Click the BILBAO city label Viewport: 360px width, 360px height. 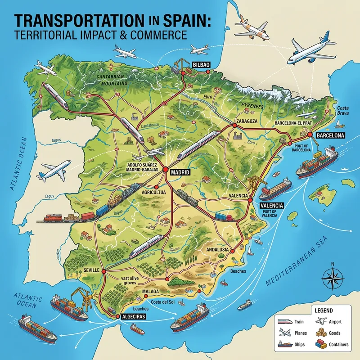click(201, 65)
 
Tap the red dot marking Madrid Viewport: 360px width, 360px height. click(166, 170)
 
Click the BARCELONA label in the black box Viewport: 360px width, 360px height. click(330, 135)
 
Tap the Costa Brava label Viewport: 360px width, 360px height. click(343, 111)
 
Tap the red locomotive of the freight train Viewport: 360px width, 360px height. click(53, 219)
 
